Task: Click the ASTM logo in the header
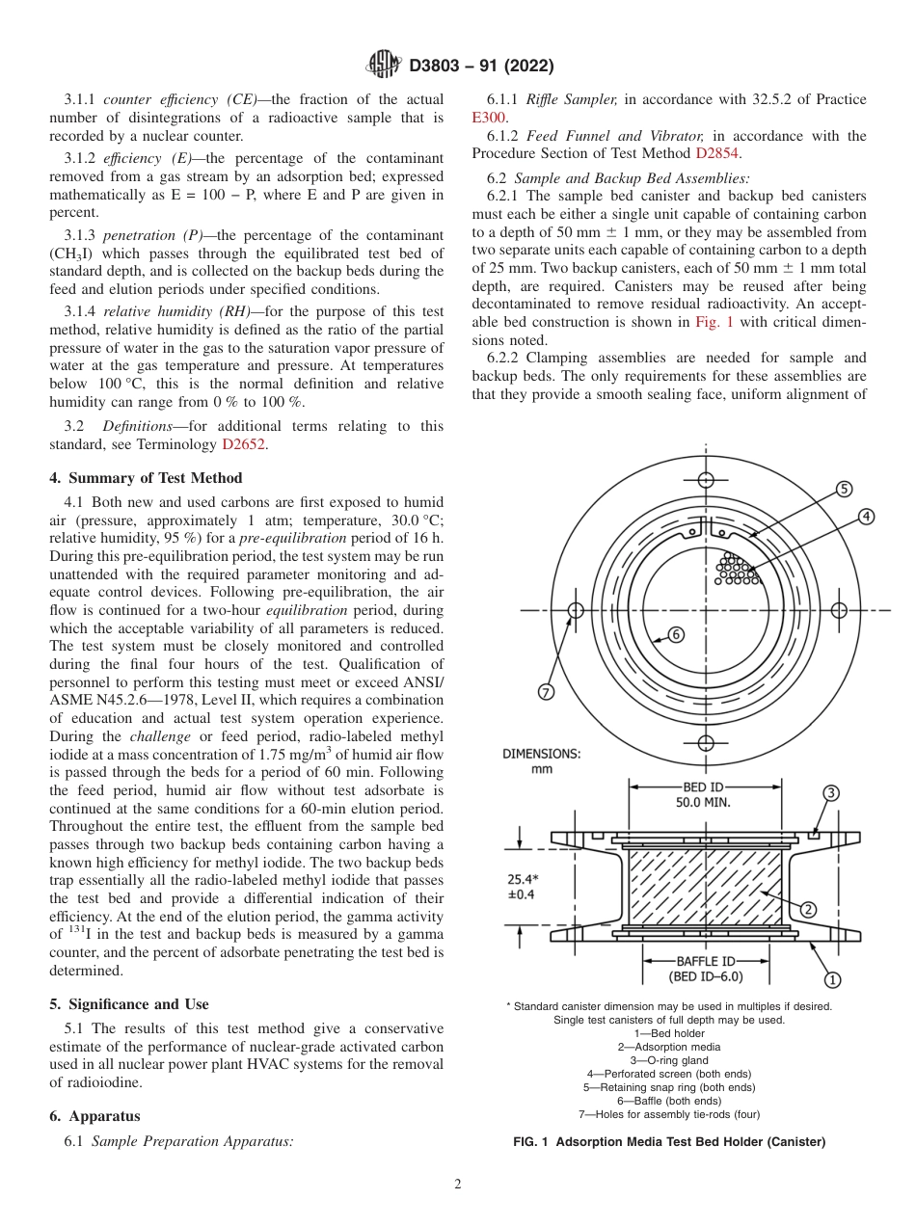click(385, 66)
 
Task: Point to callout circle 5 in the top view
click(844, 489)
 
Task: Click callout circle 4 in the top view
click(866, 517)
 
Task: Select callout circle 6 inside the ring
click(676, 634)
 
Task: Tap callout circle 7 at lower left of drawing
click(546, 692)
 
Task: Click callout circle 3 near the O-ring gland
click(831, 792)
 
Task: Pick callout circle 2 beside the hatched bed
click(809, 909)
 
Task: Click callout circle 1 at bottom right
click(831, 979)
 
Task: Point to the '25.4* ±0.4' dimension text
click(522, 887)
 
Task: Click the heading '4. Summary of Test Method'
click(146, 478)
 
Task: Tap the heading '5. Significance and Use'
click(129, 1004)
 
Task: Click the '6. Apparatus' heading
click(94, 1116)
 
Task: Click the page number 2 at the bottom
click(458, 1185)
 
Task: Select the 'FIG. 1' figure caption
click(669, 1142)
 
